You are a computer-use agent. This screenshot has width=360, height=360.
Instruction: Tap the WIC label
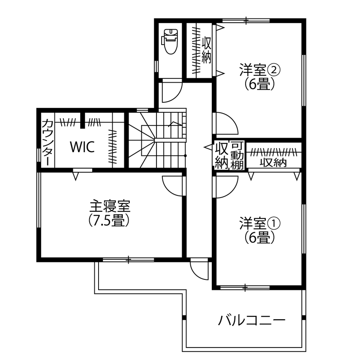pyautogui.click(x=82, y=147)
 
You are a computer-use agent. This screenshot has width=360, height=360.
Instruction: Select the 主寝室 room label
pyautogui.click(x=110, y=207)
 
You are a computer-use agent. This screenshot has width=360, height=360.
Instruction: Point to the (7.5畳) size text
pyautogui.click(x=110, y=220)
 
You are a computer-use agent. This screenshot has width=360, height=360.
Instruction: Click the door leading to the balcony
pyautogui.click(x=199, y=270)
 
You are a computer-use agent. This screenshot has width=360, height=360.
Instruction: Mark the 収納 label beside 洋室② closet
pyautogui.click(x=207, y=50)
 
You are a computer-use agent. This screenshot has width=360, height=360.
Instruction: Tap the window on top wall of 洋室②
pyautogui.click(x=246, y=20)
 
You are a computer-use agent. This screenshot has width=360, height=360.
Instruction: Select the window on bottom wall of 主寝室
pyautogui.click(x=129, y=259)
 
